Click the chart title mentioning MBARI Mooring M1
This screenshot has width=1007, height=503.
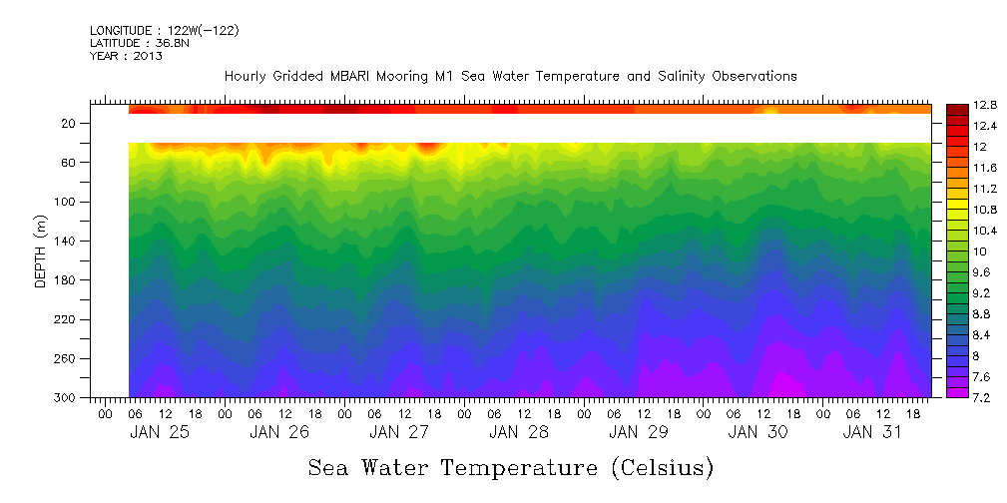[510, 76]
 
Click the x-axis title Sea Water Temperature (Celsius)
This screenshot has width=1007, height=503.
[510, 467]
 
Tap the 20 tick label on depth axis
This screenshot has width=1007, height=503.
[70, 123]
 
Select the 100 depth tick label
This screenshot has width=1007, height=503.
[67, 202]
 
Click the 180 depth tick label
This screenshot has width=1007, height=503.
[67, 280]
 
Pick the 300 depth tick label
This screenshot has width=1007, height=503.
[67, 397]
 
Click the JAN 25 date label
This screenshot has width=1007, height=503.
[160, 432]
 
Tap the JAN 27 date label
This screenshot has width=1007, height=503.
[399, 432]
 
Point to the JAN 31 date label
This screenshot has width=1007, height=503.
[873, 432]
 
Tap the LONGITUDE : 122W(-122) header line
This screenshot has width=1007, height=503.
[165, 31]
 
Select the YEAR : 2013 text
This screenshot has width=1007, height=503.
[126, 56]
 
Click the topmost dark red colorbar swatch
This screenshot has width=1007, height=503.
[956, 108]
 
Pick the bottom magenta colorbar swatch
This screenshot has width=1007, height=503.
[956, 392]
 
